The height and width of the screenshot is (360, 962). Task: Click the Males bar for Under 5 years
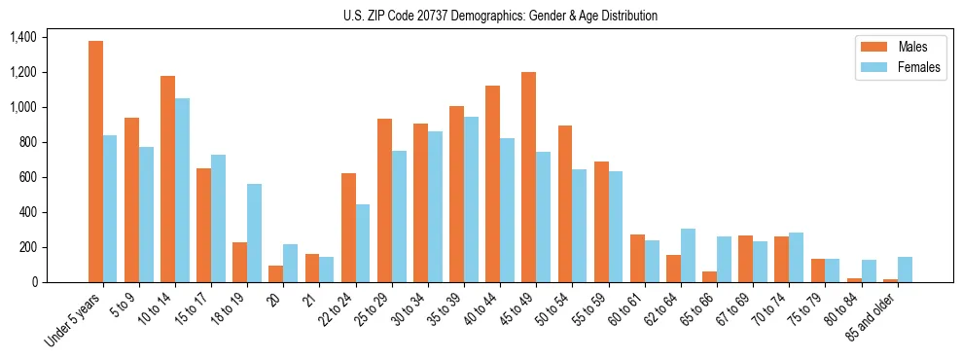pyautogui.click(x=95, y=162)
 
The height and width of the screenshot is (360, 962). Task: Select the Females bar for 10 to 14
pyautogui.click(x=182, y=191)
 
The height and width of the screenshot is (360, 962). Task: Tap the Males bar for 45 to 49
pyautogui.click(x=528, y=177)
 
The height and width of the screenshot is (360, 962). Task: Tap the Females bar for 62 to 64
pyautogui.click(x=688, y=256)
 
